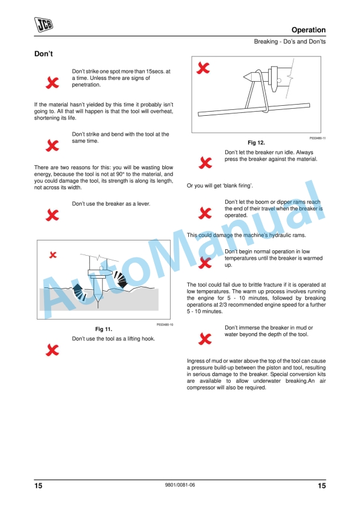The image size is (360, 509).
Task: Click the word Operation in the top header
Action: pos(308,30)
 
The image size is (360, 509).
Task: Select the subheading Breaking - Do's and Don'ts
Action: pos(289,42)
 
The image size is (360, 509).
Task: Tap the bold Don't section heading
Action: pos(45,54)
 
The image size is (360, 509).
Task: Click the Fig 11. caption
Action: pos(104,329)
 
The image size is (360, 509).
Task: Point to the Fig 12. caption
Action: pos(257,143)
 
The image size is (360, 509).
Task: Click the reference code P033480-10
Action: pos(165,324)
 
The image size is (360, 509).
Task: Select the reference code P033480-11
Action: pos(318,138)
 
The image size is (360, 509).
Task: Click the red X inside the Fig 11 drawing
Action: pos(53,254)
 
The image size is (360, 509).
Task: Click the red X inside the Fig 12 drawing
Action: pos(203,69)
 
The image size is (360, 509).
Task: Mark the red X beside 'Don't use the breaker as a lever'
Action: pos(52,214)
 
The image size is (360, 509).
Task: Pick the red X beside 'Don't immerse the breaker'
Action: pos(205,337)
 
